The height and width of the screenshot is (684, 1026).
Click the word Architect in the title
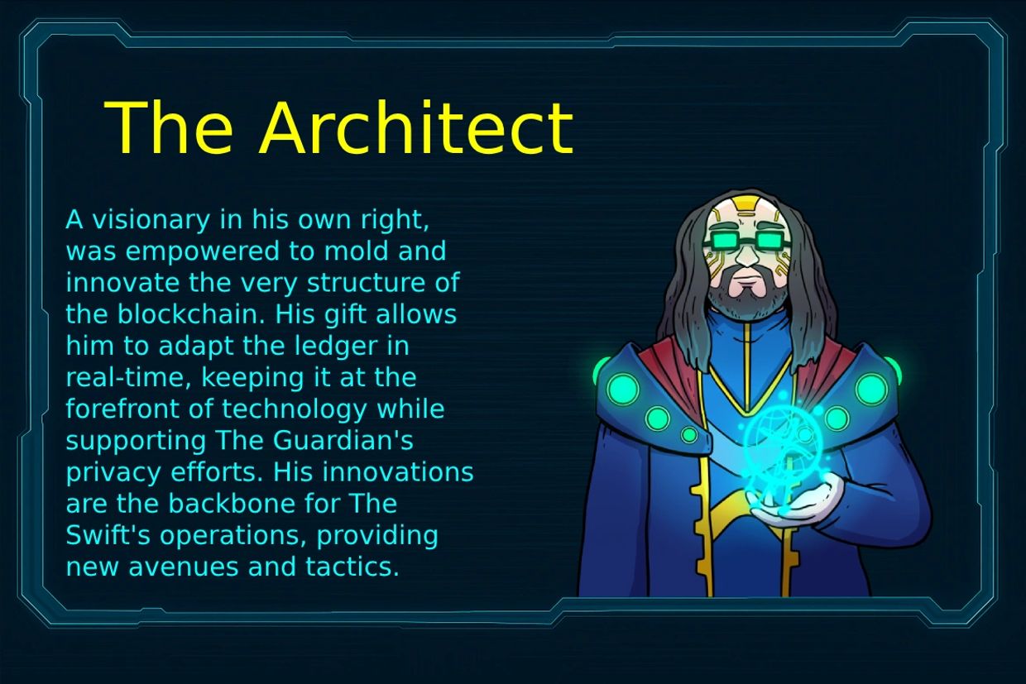(x=416, y=127)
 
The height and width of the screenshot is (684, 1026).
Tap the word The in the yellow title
(x=168, y=127)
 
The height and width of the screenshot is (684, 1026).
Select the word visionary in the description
(x=151, y=221)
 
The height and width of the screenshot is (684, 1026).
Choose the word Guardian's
(x=343, y=441)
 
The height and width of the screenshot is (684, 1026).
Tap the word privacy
(x=113, y=473)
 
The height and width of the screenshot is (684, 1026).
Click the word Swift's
(x=108, y=535)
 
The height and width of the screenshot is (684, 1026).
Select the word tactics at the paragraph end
(x=352, y=567)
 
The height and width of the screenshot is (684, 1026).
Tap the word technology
(x=295, y=409)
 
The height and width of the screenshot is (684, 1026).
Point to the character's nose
(x=748, y=257)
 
